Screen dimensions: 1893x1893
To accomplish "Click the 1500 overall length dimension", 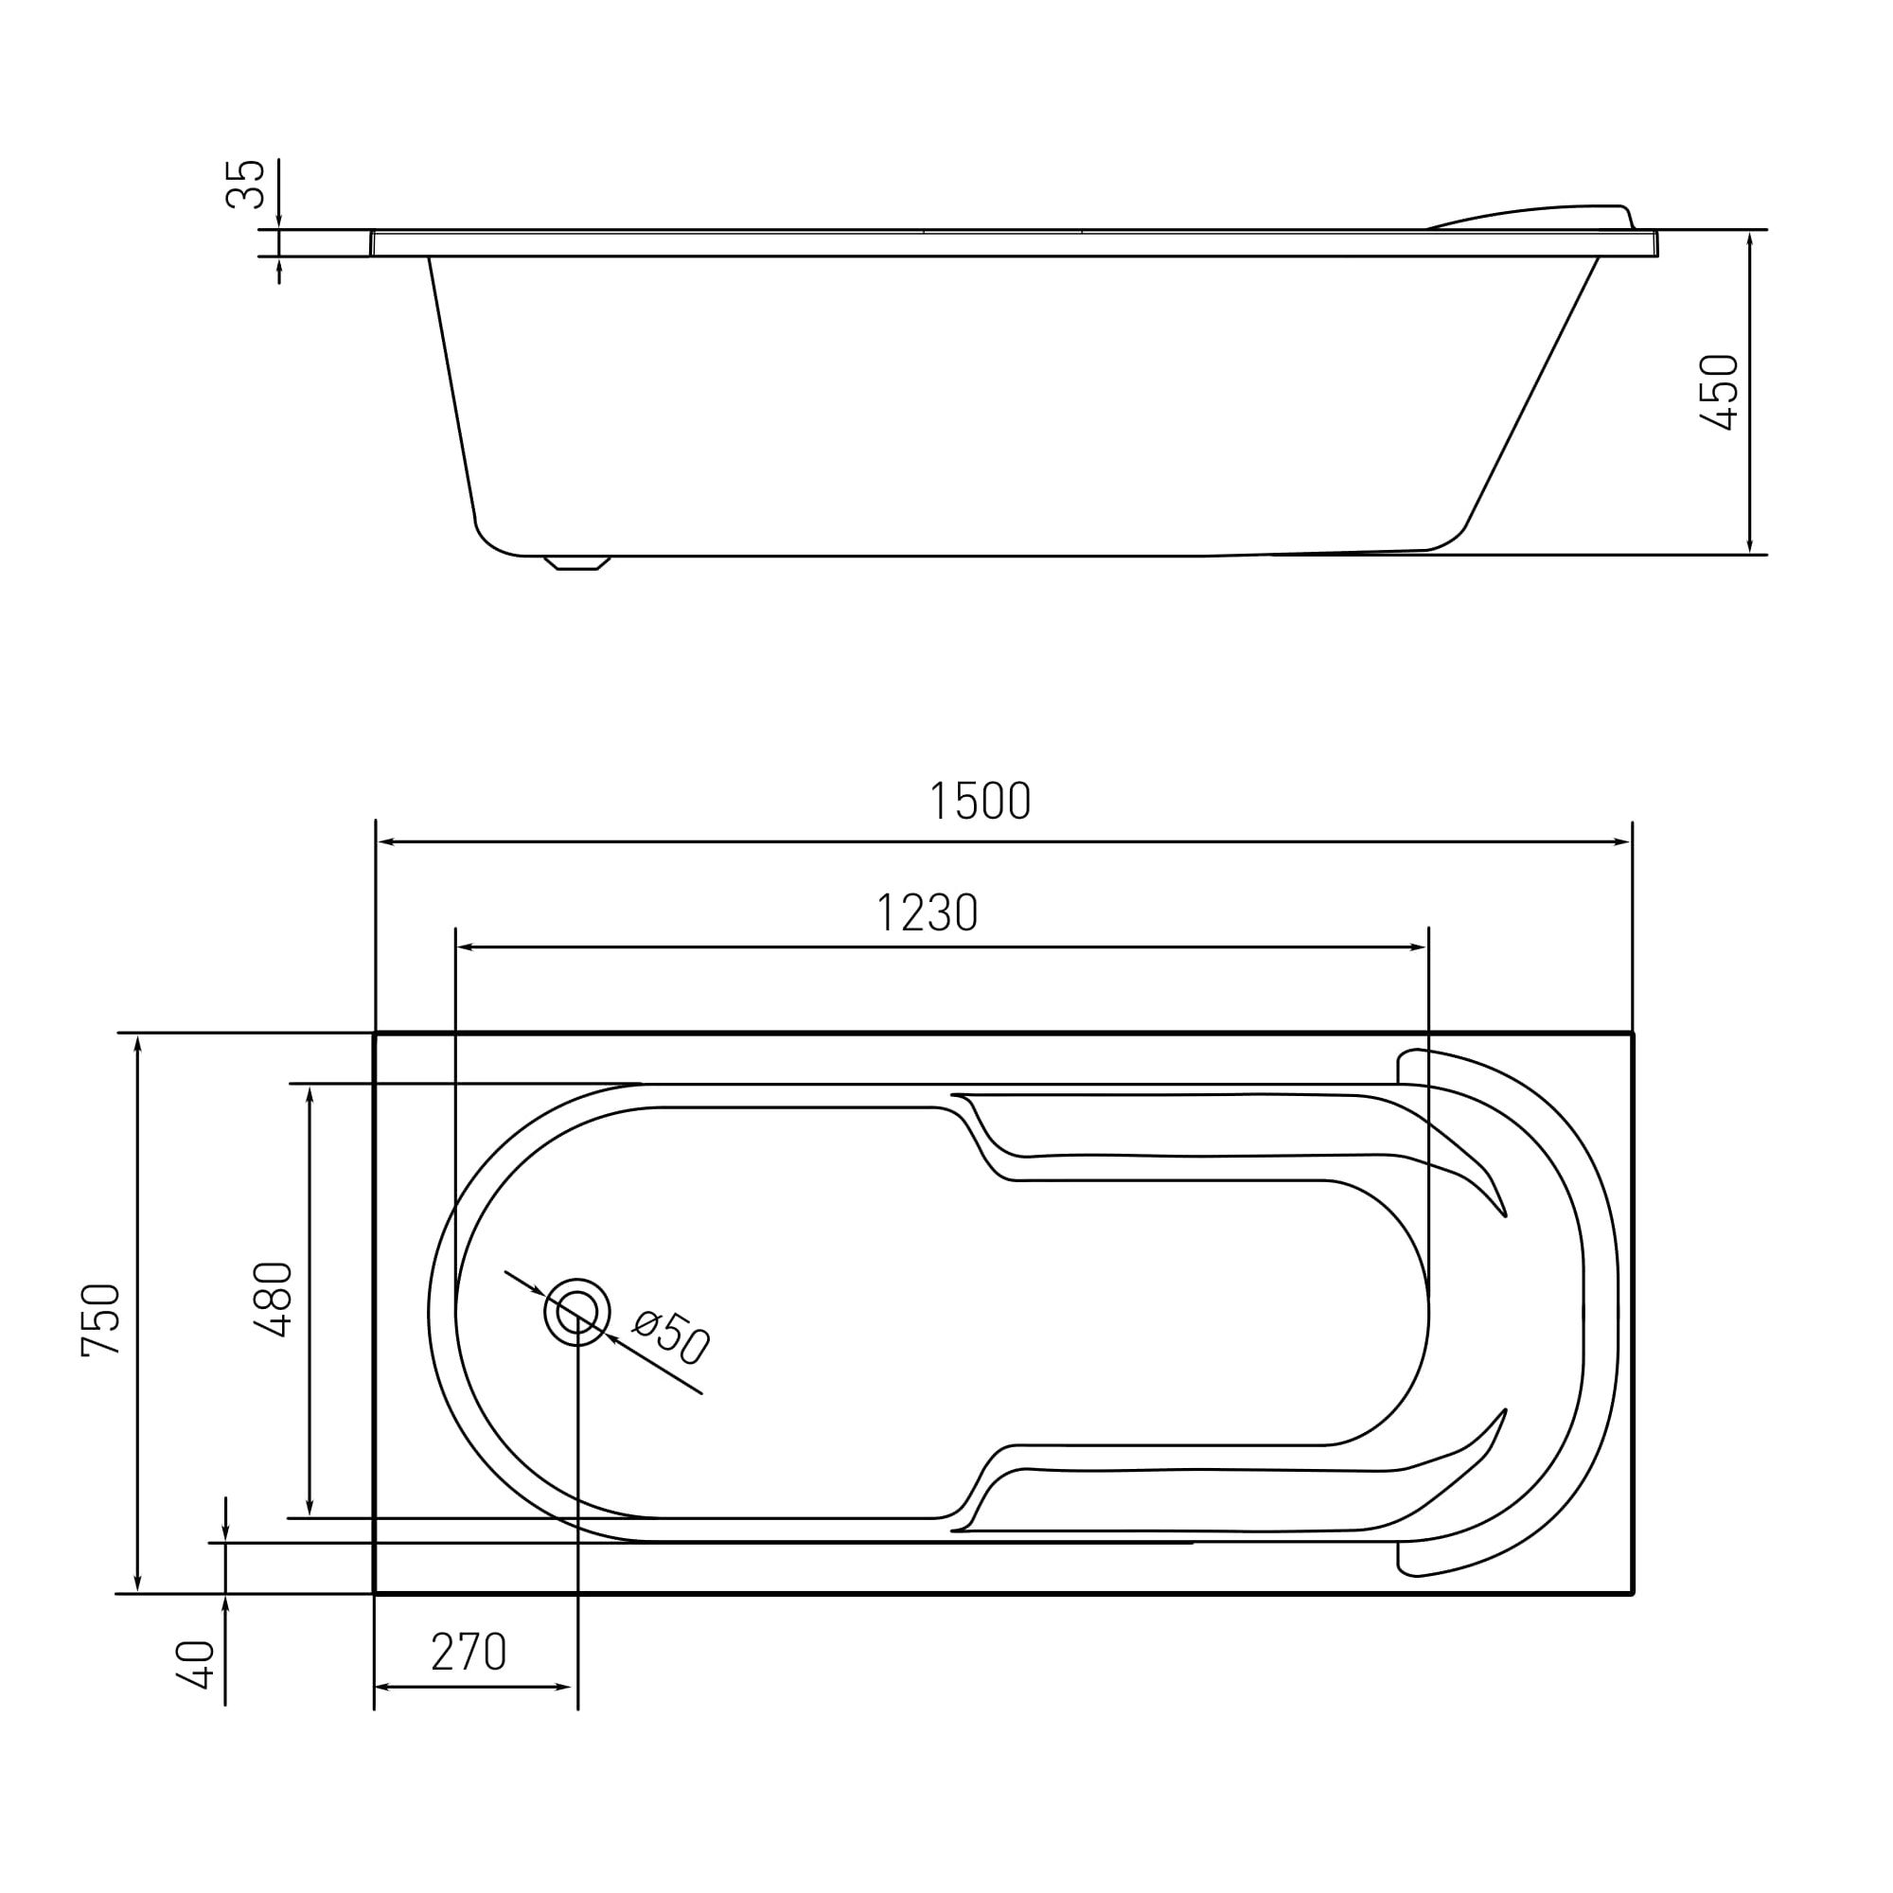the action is pos(980,801).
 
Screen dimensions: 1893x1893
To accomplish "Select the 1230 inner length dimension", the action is pos(927,912).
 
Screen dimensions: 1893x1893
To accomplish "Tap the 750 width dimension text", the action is pos(102,1319).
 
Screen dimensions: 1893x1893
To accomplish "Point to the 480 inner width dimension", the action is pos(274,1300).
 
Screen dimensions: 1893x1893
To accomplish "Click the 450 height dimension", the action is pos(1718,392).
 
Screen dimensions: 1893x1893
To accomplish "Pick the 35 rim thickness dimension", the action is pos(245,184).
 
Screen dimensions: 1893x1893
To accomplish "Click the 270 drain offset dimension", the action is pos(469,1653).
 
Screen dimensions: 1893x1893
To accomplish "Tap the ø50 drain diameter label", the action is pos(671,1336).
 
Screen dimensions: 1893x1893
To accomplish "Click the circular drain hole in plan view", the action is pos(577,1312).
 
